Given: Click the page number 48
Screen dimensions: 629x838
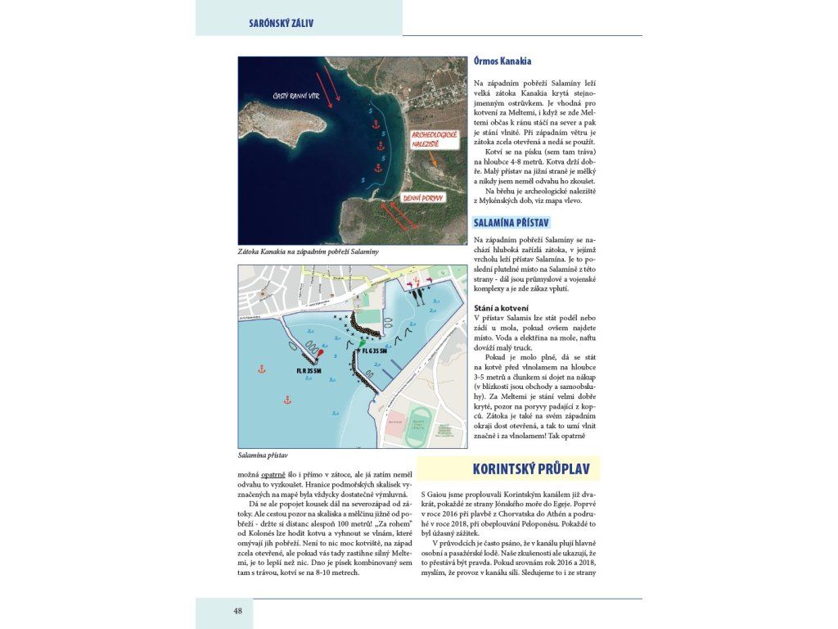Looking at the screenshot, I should tap(237, 610).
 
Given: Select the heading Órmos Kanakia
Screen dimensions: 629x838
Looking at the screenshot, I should tap(502, 61).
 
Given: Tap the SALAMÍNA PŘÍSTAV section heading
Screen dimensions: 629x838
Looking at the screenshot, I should tap(511, 222).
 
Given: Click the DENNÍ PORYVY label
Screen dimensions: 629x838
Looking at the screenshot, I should tap(423, 197).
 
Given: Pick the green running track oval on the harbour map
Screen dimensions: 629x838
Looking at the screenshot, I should tap(420, 424).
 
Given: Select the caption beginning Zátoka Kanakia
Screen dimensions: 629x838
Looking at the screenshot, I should tap(308, 252).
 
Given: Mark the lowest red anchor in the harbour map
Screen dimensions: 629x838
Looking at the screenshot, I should tap(288, 400).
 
